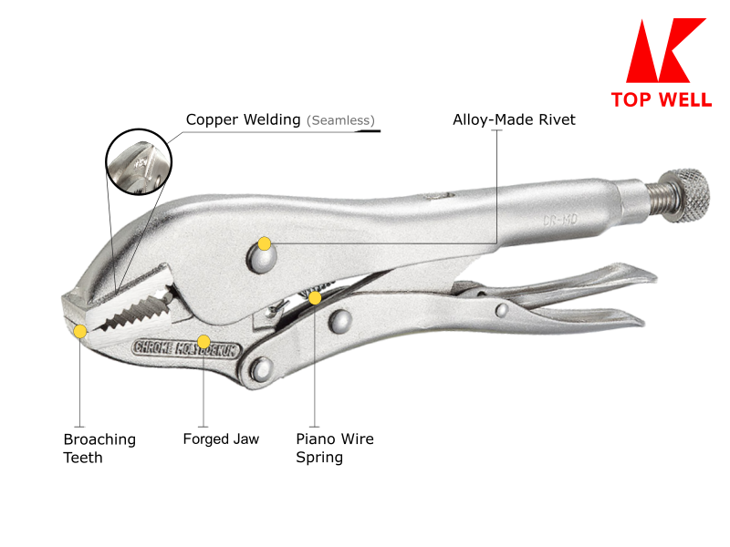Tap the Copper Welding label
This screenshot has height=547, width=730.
[x=243, y=119]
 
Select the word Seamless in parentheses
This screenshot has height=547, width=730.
[x=340, y=120]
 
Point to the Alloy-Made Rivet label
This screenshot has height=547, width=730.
[x=514, y=119]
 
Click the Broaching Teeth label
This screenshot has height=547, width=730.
[x=99, y=448]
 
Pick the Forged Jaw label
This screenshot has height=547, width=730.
[x=221, y=439]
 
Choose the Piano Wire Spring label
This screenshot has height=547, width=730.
[x=335, y=448]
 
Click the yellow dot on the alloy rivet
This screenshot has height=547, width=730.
[x=265, y=243]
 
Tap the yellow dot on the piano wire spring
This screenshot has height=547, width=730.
[x=315, y=297]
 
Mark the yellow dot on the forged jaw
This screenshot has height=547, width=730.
[x=203, y=342]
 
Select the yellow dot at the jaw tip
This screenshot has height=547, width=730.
[x=80, y=331]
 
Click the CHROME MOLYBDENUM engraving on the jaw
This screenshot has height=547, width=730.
[x=184, y=347]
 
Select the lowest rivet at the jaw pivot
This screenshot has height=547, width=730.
[x=262, y=368]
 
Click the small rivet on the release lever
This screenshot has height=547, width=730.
[x=501, y=311]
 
